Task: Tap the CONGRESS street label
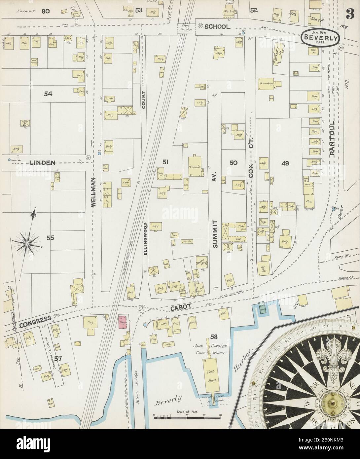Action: pos(35,318)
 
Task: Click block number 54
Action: pos(48,94)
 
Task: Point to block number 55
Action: pos(50,237)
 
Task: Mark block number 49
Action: pos(285,162)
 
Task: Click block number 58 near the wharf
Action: pos(213,337)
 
